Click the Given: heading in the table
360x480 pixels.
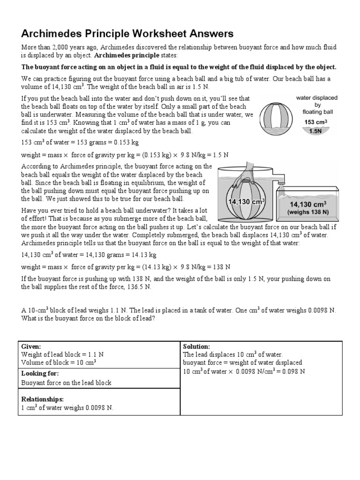pyautogui.click(x=31, y=346)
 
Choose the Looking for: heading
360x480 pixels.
pyautogui.click(x=40, y=373)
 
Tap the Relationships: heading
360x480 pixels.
pyautogui.click(x=43, y=399)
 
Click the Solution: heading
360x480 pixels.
pyautogui.click(x=196, y=346)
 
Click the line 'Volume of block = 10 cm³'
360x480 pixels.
pyautogui.click(x=59, y=362)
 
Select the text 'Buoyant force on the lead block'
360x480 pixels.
pyautogui.click(x=67, y=382)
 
